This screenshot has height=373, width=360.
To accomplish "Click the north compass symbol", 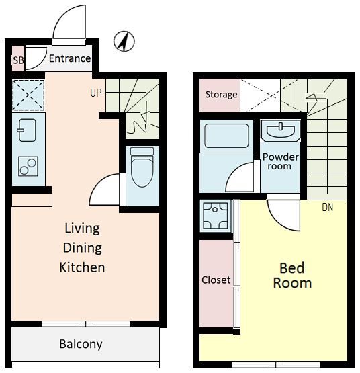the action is point(124,42).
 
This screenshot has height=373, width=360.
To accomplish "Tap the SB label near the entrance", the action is point(18,60).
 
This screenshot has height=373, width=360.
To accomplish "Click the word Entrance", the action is point(70,58).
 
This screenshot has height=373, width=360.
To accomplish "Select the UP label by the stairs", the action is point(96,93).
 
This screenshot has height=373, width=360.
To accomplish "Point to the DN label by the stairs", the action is point(327,208).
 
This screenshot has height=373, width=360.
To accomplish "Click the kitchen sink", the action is point(27,130).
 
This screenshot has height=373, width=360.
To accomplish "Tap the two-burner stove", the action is point(28,166).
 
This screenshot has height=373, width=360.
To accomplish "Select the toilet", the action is point(142,167).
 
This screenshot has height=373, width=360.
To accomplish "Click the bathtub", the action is point(226,136).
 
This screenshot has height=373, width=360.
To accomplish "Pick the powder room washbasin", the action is point(281,130).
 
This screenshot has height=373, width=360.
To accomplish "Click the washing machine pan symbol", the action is point(215,216).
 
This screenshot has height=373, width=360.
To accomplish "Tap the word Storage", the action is point(221,95).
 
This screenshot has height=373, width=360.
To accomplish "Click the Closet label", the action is point(216,280).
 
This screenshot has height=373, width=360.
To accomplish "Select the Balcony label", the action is point(81,345).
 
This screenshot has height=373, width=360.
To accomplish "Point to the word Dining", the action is point(83,248).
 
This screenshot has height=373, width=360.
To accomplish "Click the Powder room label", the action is point(280,161).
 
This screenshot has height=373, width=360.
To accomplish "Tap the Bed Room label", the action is point(292,276).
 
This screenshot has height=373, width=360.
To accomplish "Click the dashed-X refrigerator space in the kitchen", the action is point(28,95).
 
